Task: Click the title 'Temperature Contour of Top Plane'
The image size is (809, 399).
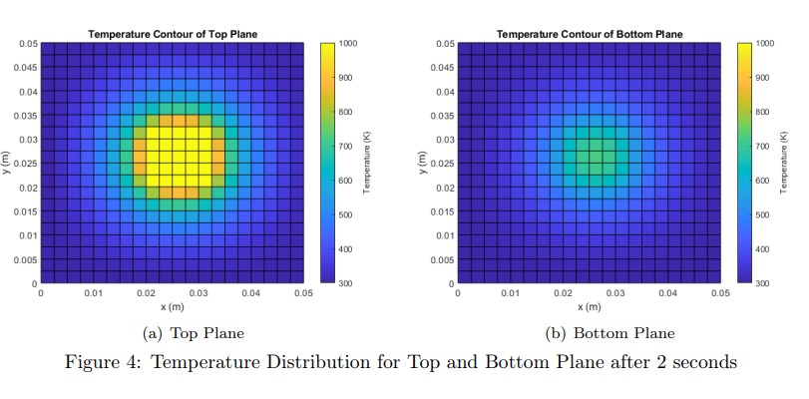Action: (x=173, y=34)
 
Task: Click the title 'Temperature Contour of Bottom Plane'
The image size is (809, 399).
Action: (x=590, y=34)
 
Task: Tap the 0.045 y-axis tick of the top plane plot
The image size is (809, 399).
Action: (x=27, y=68)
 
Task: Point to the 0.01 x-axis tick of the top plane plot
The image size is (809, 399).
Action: (x=93, y=293)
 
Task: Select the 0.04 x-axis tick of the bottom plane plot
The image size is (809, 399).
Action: (x=667, y=293)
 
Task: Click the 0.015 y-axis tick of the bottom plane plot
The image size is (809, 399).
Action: (x=443, y=211)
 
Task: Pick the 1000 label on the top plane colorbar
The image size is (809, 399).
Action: (x=348, y=44)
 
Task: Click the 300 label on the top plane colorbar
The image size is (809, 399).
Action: (x=345, y=283)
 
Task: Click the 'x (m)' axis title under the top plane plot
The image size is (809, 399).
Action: (x=173, y=306)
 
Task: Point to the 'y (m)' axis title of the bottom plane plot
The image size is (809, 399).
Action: (x=422, y=164)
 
